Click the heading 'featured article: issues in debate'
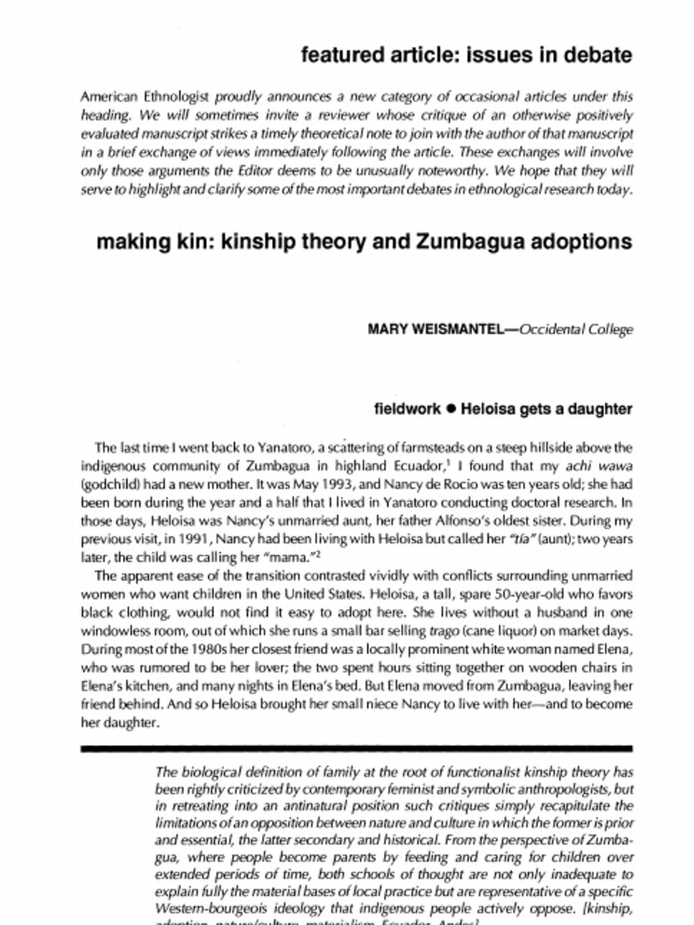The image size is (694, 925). click(x=466, y=55)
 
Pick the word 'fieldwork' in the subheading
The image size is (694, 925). click(x=408, y=409)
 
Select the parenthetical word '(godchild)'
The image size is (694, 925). click(x=109, y=484)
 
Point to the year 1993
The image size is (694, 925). click(x=335, y=484)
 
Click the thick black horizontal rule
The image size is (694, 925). click(x=357, y=749)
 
